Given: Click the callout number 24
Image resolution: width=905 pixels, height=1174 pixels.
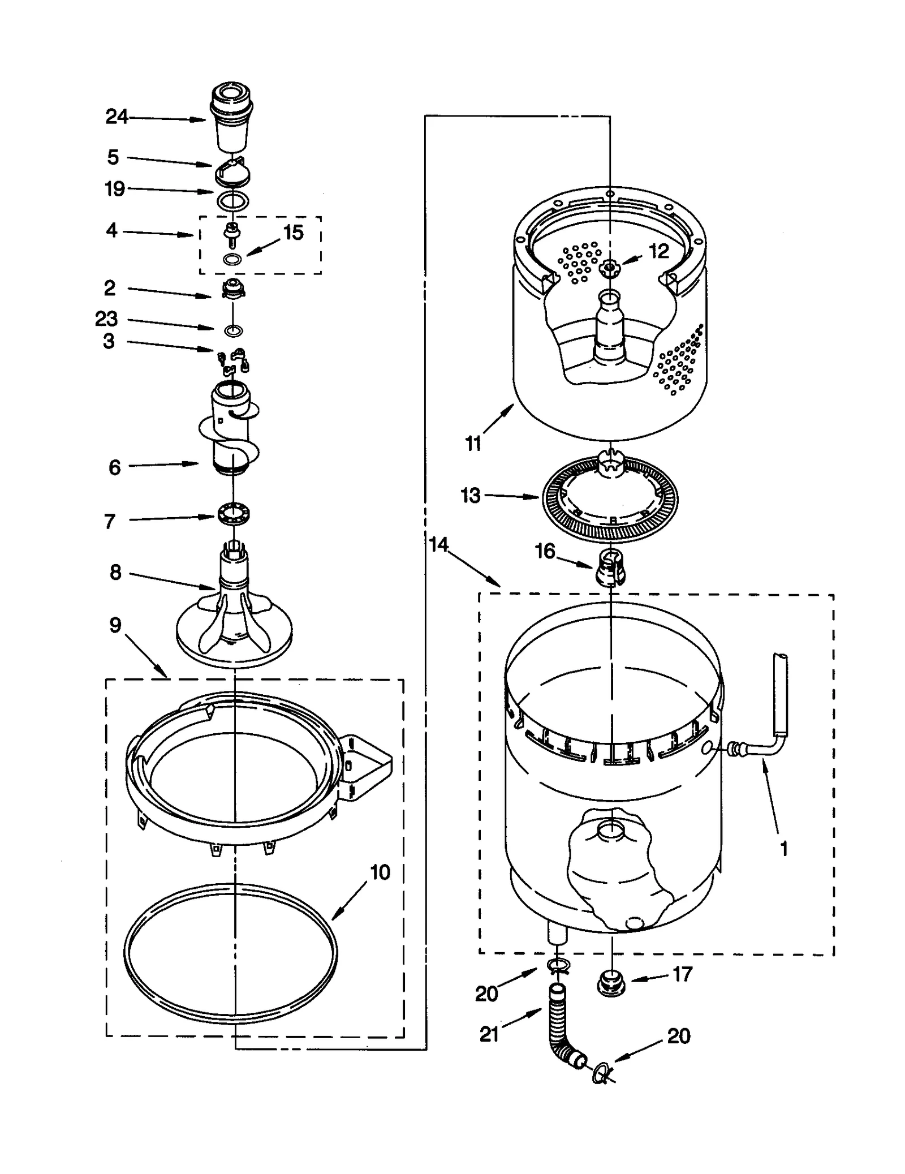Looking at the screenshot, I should pyautogui.click(x=117, y=117).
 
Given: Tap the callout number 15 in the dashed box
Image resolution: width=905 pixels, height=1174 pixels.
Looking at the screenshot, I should pyautogui.click(x=294, y=233).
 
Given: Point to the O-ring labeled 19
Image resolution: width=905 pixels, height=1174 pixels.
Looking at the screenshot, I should pyautogui.click(x=232, y=200).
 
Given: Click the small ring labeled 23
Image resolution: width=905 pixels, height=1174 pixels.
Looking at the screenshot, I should pyautogui.click(x=234, y=330).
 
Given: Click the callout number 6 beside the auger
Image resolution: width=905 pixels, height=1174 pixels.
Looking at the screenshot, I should pyautogui.click(x=114, y=467).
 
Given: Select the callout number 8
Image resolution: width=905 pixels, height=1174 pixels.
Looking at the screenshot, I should pyautogui.click(x=115, y=572).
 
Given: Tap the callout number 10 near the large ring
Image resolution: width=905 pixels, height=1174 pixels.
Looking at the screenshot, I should pyautogui.click(x=380, y=872).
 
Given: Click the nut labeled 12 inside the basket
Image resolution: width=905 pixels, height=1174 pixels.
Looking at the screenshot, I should pyautogui.click(x=609, y=267).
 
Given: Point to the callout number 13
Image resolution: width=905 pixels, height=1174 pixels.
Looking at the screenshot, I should pyautogui.click(x=470, y=495).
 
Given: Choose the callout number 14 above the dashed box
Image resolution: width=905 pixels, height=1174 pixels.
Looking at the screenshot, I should pyautogui.click(x=438, y=544).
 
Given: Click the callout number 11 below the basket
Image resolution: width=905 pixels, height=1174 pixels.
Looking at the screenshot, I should pyautogui.click(x=473, y=444).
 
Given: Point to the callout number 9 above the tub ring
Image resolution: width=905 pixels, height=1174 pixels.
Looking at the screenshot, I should pyautogui.click(x=115, y=625).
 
